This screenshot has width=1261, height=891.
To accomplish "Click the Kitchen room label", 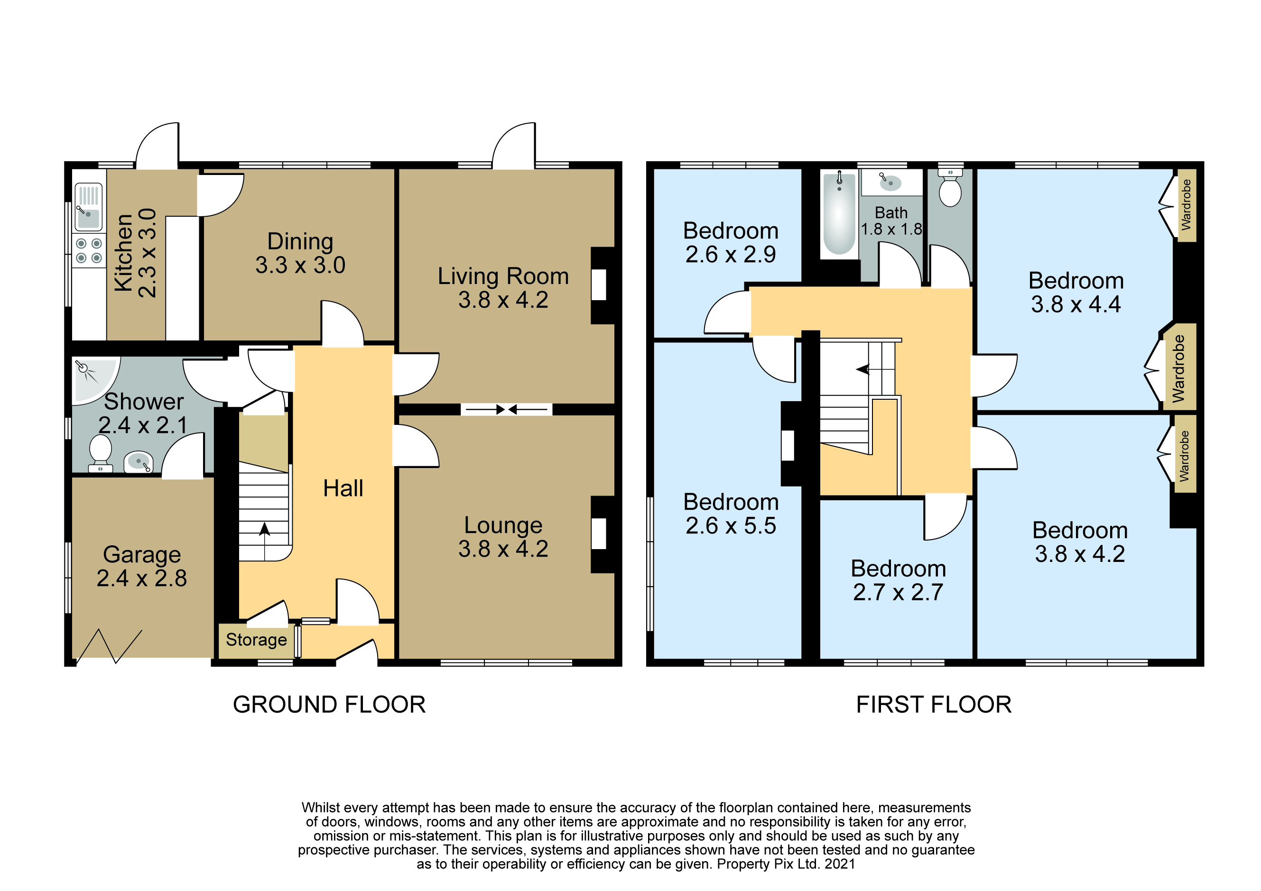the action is [123, 253].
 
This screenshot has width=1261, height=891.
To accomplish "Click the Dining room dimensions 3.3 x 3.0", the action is [300, 265].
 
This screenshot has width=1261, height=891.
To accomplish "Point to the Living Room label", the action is [503, 276].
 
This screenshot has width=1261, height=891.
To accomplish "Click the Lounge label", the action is [503, 525].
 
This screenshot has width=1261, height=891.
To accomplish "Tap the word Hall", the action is [343, 488].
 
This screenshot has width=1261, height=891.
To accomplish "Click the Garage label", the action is [142, 554].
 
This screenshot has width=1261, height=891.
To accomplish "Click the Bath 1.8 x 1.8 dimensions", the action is [891, 229].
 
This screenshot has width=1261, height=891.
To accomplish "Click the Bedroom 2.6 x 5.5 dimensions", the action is [731, 526].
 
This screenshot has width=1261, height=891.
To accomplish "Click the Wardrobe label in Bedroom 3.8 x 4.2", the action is [1184, 456].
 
